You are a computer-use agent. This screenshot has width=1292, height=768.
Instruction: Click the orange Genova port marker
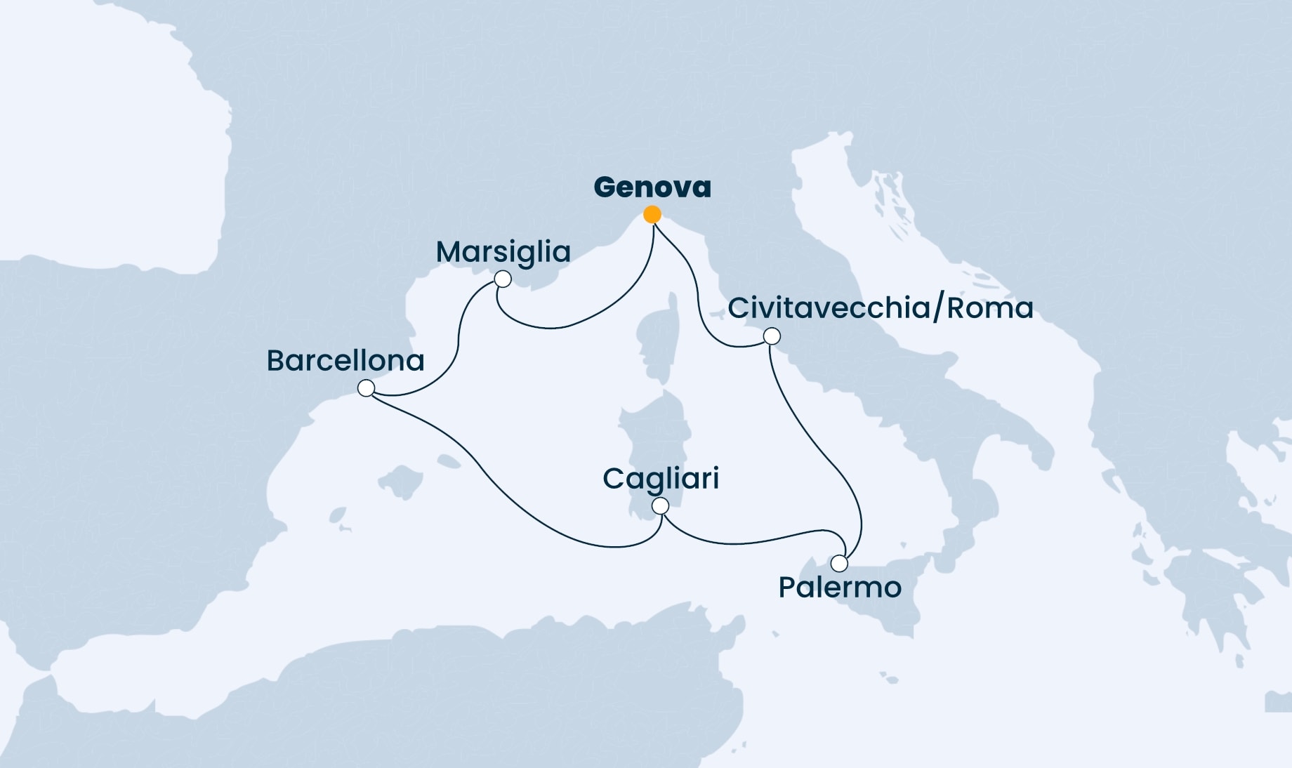pyautogui.click(x=652, y=214)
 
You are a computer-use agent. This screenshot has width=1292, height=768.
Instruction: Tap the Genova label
pyautogui.click(x=652, y=187)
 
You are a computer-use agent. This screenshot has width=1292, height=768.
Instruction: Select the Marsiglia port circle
pyautogui.click(x=503, y=279)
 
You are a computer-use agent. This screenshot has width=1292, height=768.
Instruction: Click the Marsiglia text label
pyautogui.click(x=503, y=252)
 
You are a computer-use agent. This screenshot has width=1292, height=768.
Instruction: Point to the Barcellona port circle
pyautogui.click(x=366, y=388)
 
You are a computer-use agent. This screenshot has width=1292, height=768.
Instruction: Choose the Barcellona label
pyautogui.click(x=345, y=361)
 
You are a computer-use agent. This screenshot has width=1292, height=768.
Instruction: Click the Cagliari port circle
pyautogui.click(x=660, y=506)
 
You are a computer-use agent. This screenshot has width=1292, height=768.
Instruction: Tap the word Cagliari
pyautogui.click(x=661, y=479)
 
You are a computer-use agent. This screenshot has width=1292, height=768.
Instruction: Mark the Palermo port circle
pyautogui.click(x=839, y=564)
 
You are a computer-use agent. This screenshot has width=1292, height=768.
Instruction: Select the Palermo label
pyautogui.click(x=840, y=588)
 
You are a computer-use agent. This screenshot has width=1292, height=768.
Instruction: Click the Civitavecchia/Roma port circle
pyautogui.click(x=772, y=336)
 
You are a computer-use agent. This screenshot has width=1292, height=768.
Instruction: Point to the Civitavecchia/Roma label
pyautogui.click(x=881, y=308)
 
